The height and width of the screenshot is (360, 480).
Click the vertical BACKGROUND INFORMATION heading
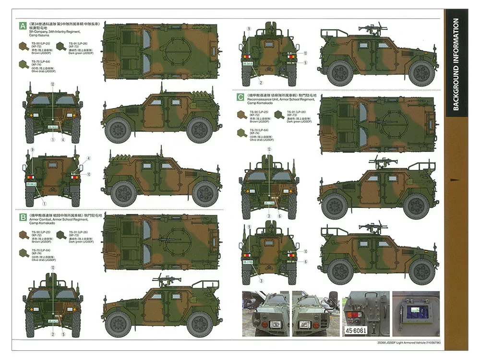(x=456, y=65)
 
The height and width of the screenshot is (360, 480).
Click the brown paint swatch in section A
(x=23, y=46)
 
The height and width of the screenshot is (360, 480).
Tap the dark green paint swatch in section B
(x=61, y=235)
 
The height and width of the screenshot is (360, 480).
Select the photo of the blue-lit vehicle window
(x=416, y=312)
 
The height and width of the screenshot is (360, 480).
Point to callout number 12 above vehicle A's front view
(x=52, y=84)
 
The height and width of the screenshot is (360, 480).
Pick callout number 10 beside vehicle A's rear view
(x=88, y=174)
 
